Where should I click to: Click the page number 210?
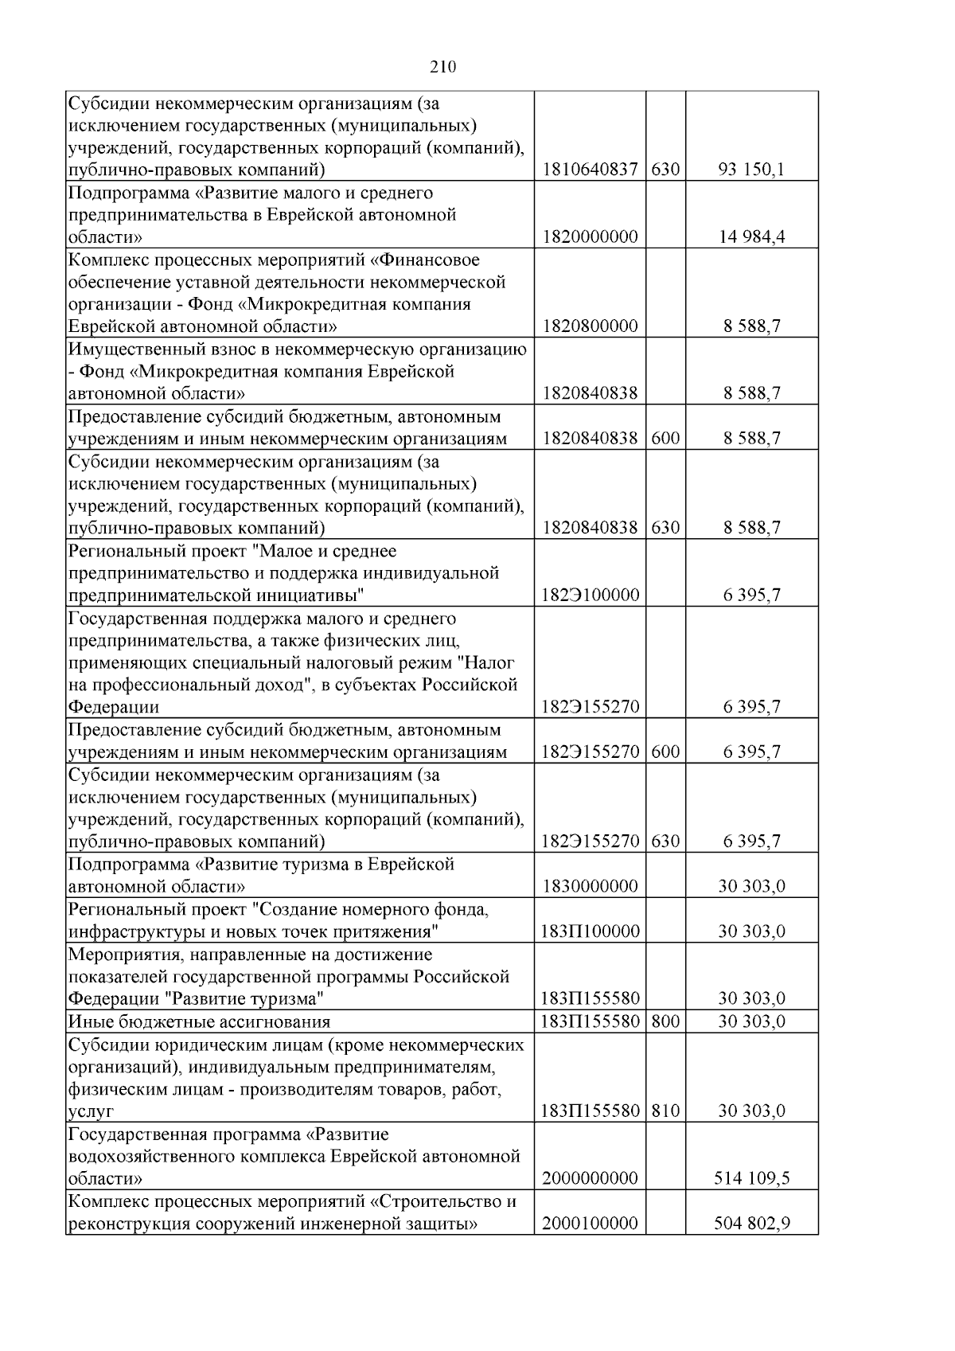(x=442, y=68)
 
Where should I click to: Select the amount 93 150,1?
(x=751, y=170)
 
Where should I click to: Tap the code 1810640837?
(x=590, y=170)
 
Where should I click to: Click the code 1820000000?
(x=590, y=237)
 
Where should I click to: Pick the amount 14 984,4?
(x=751, y=237)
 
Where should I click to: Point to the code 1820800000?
(x=590, y=326)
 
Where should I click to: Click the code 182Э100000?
(x=590, y=595)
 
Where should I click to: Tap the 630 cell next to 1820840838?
(x=665, y=528)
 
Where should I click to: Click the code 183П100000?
(x=590, y=931)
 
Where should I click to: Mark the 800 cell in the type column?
(x=665, y=1021)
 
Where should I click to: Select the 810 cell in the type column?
(x=665, y=1111)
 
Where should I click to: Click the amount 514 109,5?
(x=751, y=1178)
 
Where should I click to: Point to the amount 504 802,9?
(x=751, y=1224)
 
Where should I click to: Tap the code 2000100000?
(x=590, y=1224)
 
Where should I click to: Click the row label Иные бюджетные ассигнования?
(x=199, y=1021)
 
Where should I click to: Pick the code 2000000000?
(x=590, y=1178)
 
